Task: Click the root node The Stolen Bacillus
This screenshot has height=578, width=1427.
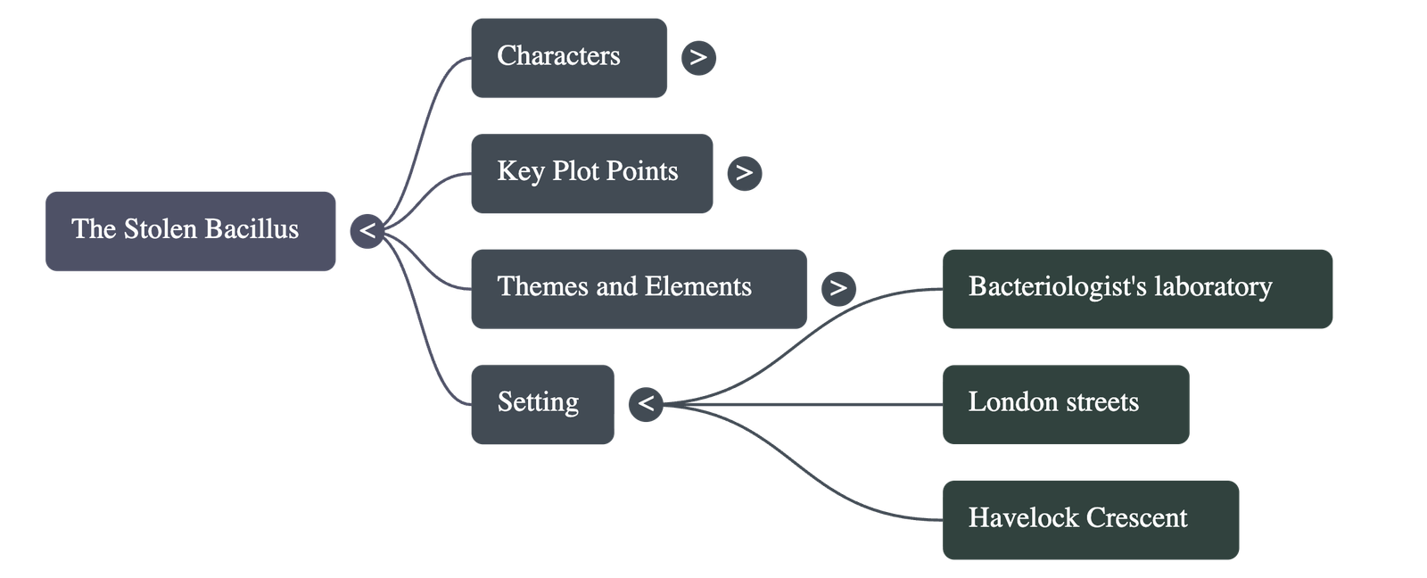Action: [190, 231]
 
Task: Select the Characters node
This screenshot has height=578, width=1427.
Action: [568, 57]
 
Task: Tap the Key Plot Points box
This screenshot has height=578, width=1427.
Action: [590, 173]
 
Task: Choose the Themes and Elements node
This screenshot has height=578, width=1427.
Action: [638, 288]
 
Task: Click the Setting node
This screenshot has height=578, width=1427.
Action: [541, 403]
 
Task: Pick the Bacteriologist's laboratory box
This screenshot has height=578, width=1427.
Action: [1137, 289]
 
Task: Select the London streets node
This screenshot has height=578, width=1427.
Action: [1065, 403]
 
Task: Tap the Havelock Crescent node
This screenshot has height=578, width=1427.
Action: [1090, 519]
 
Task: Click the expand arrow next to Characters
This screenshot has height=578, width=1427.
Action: [698, 58]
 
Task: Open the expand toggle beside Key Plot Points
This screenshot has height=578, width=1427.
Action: [745, 173]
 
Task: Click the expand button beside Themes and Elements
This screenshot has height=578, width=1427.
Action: [837, 288]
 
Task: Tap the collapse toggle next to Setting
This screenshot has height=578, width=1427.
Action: [646, 404]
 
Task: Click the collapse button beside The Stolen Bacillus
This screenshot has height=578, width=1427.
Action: [367, 232]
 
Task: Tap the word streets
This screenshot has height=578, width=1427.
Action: [1102, 402]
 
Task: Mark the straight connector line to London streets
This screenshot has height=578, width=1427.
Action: [803, 404]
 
